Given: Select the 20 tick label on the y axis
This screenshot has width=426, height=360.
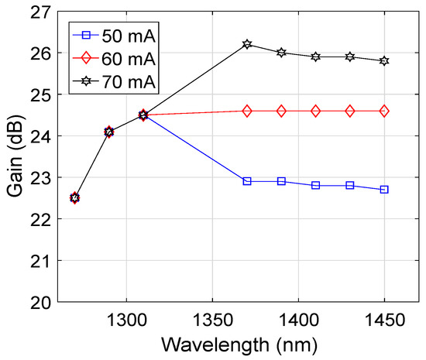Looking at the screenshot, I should point(40,302).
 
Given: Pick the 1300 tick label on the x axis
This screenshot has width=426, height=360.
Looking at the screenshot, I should point(126,319).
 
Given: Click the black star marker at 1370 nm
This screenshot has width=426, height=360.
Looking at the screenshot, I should point(247,44).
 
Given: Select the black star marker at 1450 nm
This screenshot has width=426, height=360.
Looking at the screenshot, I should point(384,60).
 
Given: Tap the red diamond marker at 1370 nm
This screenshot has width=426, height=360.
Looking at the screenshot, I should point(247,111).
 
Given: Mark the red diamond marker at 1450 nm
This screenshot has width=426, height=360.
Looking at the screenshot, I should point(384,111).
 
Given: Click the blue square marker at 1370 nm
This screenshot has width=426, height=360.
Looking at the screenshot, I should point(247,181).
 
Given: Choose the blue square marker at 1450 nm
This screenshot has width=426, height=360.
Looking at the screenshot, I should point(384,190).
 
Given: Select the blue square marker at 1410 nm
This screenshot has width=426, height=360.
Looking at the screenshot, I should point(316,186).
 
